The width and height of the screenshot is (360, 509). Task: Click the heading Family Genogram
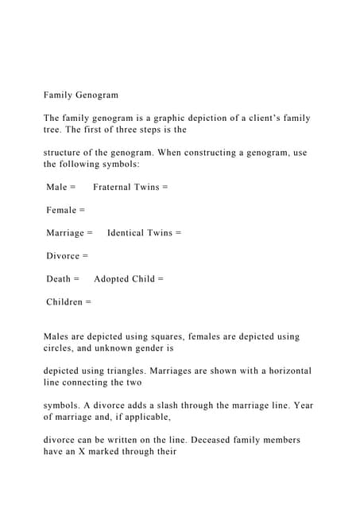click(80, 95)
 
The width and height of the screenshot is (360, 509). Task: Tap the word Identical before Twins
click(130, 233)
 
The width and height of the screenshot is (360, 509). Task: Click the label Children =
click(68, 302)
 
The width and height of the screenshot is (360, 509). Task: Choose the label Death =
click(63, 279)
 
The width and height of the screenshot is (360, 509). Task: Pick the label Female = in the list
click(65, 210)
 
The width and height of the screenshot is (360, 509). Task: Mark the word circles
click(60, 348)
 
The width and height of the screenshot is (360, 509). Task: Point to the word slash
click(159, 405)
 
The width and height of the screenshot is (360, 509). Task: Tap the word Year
click(302, 405)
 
